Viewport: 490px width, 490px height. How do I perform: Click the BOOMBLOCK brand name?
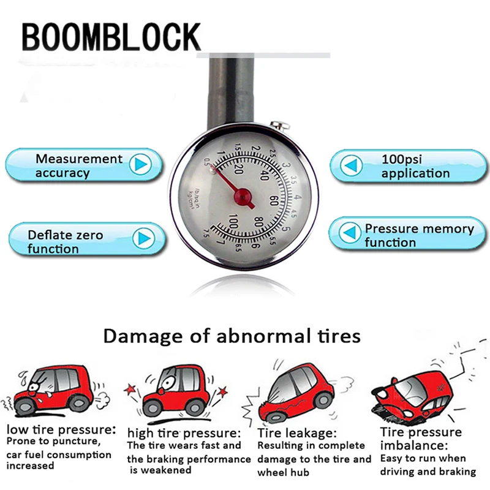111,38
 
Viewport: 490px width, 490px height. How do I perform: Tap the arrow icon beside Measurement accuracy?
141,165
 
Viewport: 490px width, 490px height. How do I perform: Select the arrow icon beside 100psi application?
350,165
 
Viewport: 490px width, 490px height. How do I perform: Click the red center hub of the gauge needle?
243,196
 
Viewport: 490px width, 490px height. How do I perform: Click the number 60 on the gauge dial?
273,200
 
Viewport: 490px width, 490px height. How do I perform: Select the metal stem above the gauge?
230,92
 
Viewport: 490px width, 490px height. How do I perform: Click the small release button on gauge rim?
279,126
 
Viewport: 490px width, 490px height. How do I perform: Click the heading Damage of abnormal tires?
232,336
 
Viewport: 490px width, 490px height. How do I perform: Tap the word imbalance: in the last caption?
413,445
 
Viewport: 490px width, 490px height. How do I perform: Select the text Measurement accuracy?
78,166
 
